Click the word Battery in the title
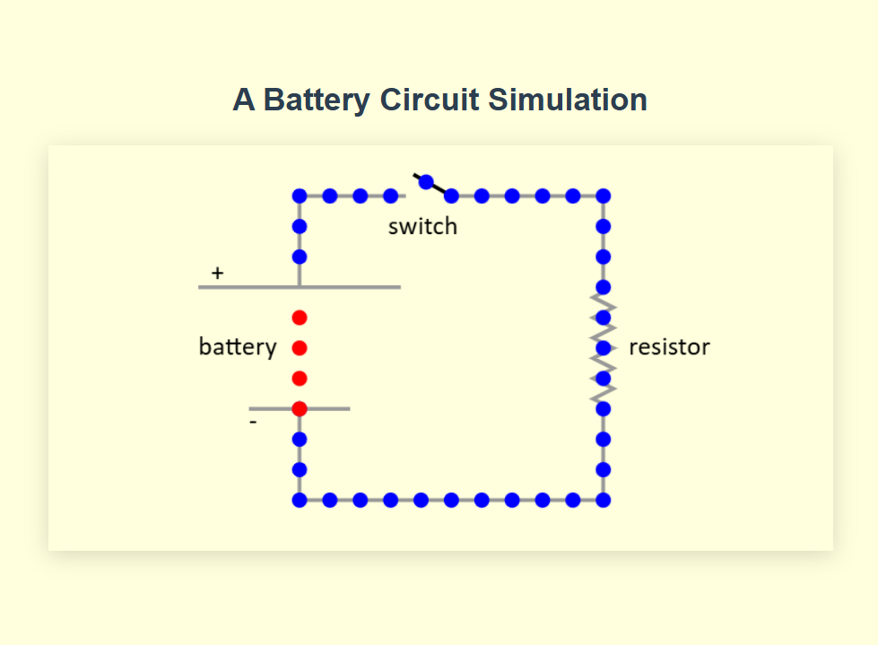(317, 100)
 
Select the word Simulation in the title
(567, 100)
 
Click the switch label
(422, 227)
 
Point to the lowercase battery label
(238, 347)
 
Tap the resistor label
(669, 347)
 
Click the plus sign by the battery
(217, 272)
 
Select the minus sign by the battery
(253, 421)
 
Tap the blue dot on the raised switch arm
(427, 181)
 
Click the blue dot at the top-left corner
(300, 196)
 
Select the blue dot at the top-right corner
(604, 196)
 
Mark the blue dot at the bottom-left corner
(300, 500)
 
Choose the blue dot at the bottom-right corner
(604, 500)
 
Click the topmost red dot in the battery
(300, 318)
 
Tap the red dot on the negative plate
(300, 409)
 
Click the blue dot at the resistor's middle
(604, 347)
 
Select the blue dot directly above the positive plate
(300, 257)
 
